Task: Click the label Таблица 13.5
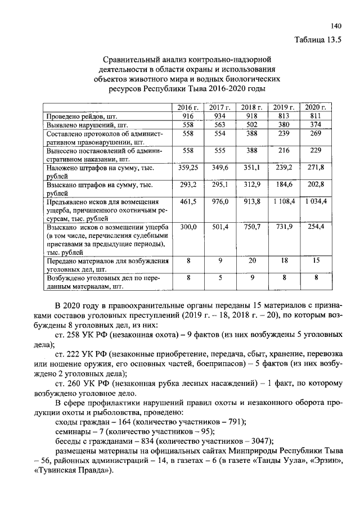(318, 39)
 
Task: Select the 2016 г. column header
(188, 107)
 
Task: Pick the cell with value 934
(220, 115)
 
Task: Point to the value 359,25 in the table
(188, 168)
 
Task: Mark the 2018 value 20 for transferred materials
(252, 260)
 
